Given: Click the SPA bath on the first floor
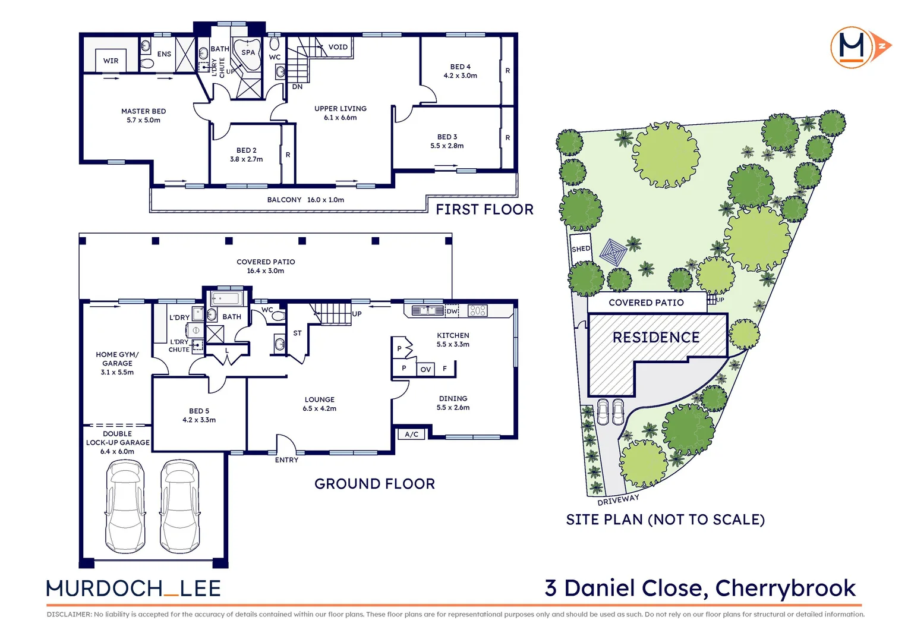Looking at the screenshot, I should [x=247, y=53].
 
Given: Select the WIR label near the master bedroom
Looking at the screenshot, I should [x=111, y=61].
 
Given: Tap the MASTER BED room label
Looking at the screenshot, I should [x=143, y=115].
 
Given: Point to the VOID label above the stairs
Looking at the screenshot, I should [x=338, y=47].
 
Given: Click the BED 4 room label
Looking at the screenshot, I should [x=460, y=71].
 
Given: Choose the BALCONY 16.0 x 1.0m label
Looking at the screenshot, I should [x=305, y=200].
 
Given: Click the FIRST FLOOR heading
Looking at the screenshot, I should [x=484, y=209].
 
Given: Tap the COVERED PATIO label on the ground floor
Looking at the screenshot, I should [x=266, y=266].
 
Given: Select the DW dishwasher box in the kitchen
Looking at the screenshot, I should [x=452, y=311].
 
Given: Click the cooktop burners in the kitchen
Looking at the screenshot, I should [x=478, y=310].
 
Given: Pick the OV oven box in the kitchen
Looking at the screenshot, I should [x=425, y=369].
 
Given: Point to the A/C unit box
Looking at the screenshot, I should [x=411, y=434].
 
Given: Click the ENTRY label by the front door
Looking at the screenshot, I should [x=286, y=460].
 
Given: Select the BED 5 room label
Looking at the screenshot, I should [x=199, y=415].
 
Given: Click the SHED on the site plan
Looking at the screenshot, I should [x=581, y=248].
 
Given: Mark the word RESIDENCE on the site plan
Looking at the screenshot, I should [x=655, y=338].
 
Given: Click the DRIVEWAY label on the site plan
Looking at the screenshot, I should [x=618, y=499].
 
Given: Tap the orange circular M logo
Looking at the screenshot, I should [x=852, y=47].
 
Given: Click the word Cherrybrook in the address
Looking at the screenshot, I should [x=785, y=588].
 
